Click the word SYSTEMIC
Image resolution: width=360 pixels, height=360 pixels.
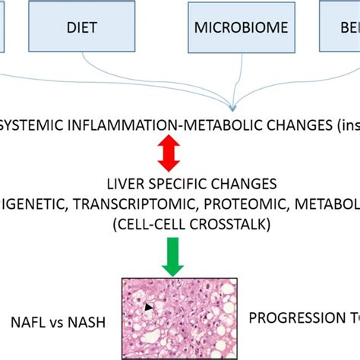(x=30, y=125)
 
